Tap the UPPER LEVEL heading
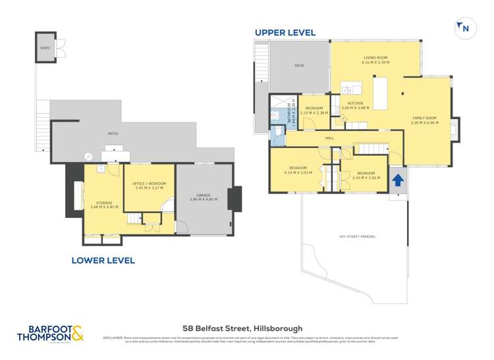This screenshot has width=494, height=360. [x=285, y=32]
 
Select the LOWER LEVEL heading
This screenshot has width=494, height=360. [x=103, y=261]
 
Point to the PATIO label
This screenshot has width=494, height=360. [x=113, y=134]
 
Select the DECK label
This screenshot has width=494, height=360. [x=299, y=66]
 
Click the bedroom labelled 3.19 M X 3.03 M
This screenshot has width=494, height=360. [x=367, y=174]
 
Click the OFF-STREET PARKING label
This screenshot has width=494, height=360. [x=353, y=236]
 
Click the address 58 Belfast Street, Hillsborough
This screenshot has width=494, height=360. [x=242, y=328]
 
